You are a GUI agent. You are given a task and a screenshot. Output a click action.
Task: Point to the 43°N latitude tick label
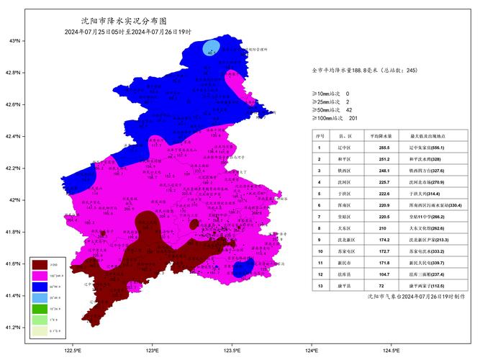pyautogui.click(x=14, y=41)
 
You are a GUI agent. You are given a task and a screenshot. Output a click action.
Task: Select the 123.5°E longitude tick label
pyautogui.click(x=231, y=350)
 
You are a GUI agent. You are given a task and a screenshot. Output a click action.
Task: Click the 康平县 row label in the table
pyautogui.click(x=345, y=285)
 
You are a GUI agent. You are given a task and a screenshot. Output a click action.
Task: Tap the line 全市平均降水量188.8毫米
pyautogui.click(x=364, y=71)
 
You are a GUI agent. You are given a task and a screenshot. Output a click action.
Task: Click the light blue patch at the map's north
pyautogui.click(x=211, y=48)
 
